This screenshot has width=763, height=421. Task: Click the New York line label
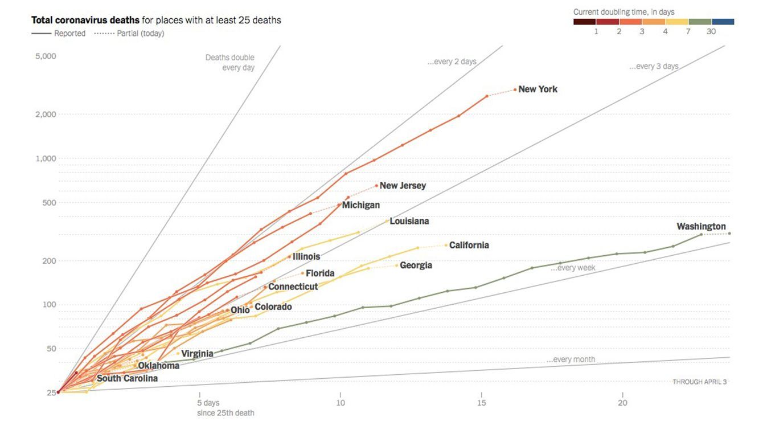point(538,89)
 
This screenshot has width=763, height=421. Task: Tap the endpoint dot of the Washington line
point(729,234)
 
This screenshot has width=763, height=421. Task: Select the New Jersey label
point(403,186)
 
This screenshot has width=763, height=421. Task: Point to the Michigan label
point(360,205)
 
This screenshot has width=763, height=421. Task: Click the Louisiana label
point(409,221)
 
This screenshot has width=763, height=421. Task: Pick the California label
point(469,246)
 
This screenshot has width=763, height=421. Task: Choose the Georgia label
point(416,265)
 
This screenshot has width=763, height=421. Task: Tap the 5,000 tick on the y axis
point(45,56)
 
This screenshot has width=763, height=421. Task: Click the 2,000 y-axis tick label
point(45,115)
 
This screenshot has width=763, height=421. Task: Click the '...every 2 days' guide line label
point(452,62)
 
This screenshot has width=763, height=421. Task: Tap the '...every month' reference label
point(571,359)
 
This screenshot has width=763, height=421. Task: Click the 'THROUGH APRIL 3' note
point(699,382)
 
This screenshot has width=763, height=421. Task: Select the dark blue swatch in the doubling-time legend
point(723,22)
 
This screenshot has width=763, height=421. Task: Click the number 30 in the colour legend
point(711,32)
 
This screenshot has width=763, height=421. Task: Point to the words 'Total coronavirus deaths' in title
point(85,21)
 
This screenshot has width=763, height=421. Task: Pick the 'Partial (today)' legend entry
point(140,34)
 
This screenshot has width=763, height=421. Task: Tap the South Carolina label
point(127,378)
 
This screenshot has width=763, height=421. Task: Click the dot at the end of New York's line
point(515,89)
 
